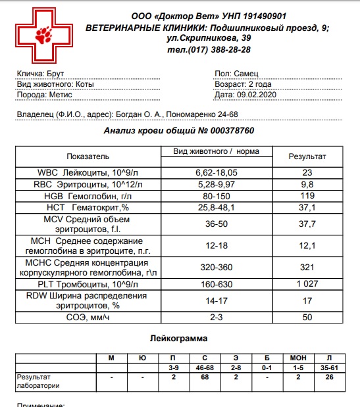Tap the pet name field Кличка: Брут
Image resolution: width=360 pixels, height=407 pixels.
tap(40, 74)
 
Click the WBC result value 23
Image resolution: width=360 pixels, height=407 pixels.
tap(307, 172)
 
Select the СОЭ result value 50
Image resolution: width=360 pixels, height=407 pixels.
tap(307, 318)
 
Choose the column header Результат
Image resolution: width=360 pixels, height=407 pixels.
tap(307, 156)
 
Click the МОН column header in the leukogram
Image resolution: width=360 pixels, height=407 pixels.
tap(298, 358)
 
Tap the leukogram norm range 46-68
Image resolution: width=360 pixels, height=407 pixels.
tap(205, 367)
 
